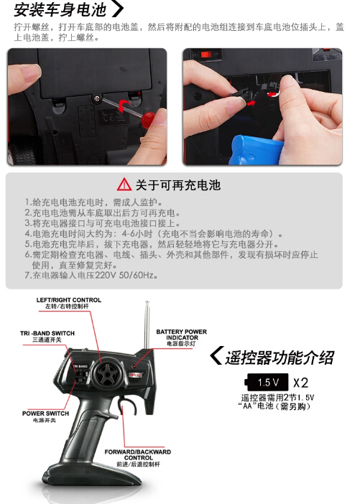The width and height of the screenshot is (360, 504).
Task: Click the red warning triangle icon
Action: click(x=124, y=185)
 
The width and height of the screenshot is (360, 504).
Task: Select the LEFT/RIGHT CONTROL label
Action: click(x=68, y=303)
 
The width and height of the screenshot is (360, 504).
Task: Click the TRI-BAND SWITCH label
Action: click(x=47, y=336)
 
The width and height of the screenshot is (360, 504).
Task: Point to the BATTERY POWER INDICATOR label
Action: click(x=182, y=337)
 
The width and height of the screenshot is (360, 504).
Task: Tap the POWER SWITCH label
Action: click(x=45, y=416)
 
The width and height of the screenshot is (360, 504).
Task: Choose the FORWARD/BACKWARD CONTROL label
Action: click(x=138, y=458)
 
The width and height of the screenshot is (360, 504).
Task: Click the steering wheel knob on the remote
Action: click(x=106, y=375)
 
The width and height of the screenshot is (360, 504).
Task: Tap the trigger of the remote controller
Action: click(x=126, y=406)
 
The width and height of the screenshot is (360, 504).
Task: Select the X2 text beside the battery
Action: click(x=301, y=383)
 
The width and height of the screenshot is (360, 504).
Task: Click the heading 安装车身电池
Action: click(x=60, y=9)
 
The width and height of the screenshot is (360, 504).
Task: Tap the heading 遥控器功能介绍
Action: click(x=280, y=358)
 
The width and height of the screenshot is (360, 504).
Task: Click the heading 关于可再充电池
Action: click(x=178, y=185)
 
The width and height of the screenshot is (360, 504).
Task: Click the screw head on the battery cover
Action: click(x=97, y=98)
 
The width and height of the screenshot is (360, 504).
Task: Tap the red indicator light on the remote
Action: click(x=134, y=366)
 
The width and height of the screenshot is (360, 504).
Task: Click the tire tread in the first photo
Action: click(x=22, y=154)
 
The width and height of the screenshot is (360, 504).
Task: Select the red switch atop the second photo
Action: click(x=206, y=54)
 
